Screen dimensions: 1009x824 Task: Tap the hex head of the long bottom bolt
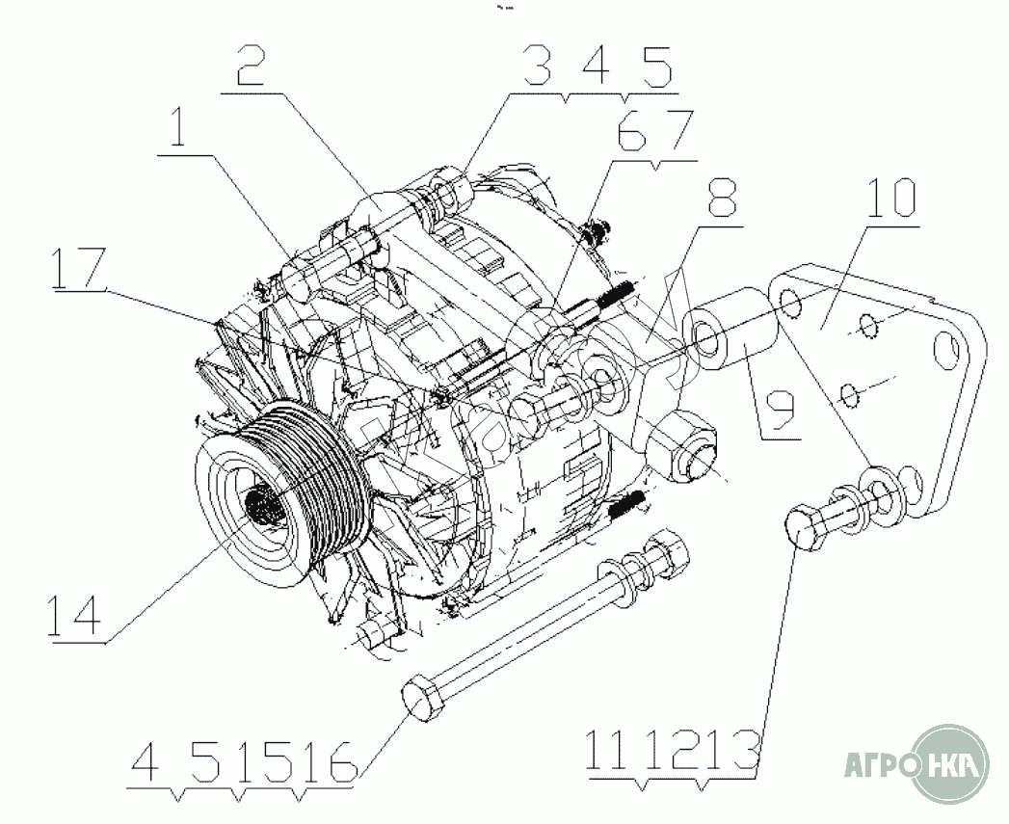click(x=421, y=697)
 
